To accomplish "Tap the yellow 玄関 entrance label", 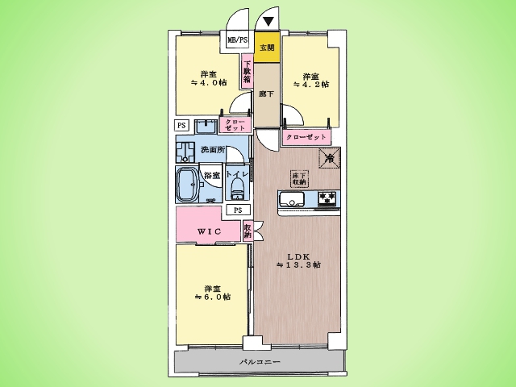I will (x=266, y=47).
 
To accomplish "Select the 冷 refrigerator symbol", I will (x=331, y=158).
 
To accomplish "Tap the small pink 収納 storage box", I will (x=248, y=231).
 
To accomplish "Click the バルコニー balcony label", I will (x=260, y=362).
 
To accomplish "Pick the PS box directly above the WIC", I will (x=237, y=210).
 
